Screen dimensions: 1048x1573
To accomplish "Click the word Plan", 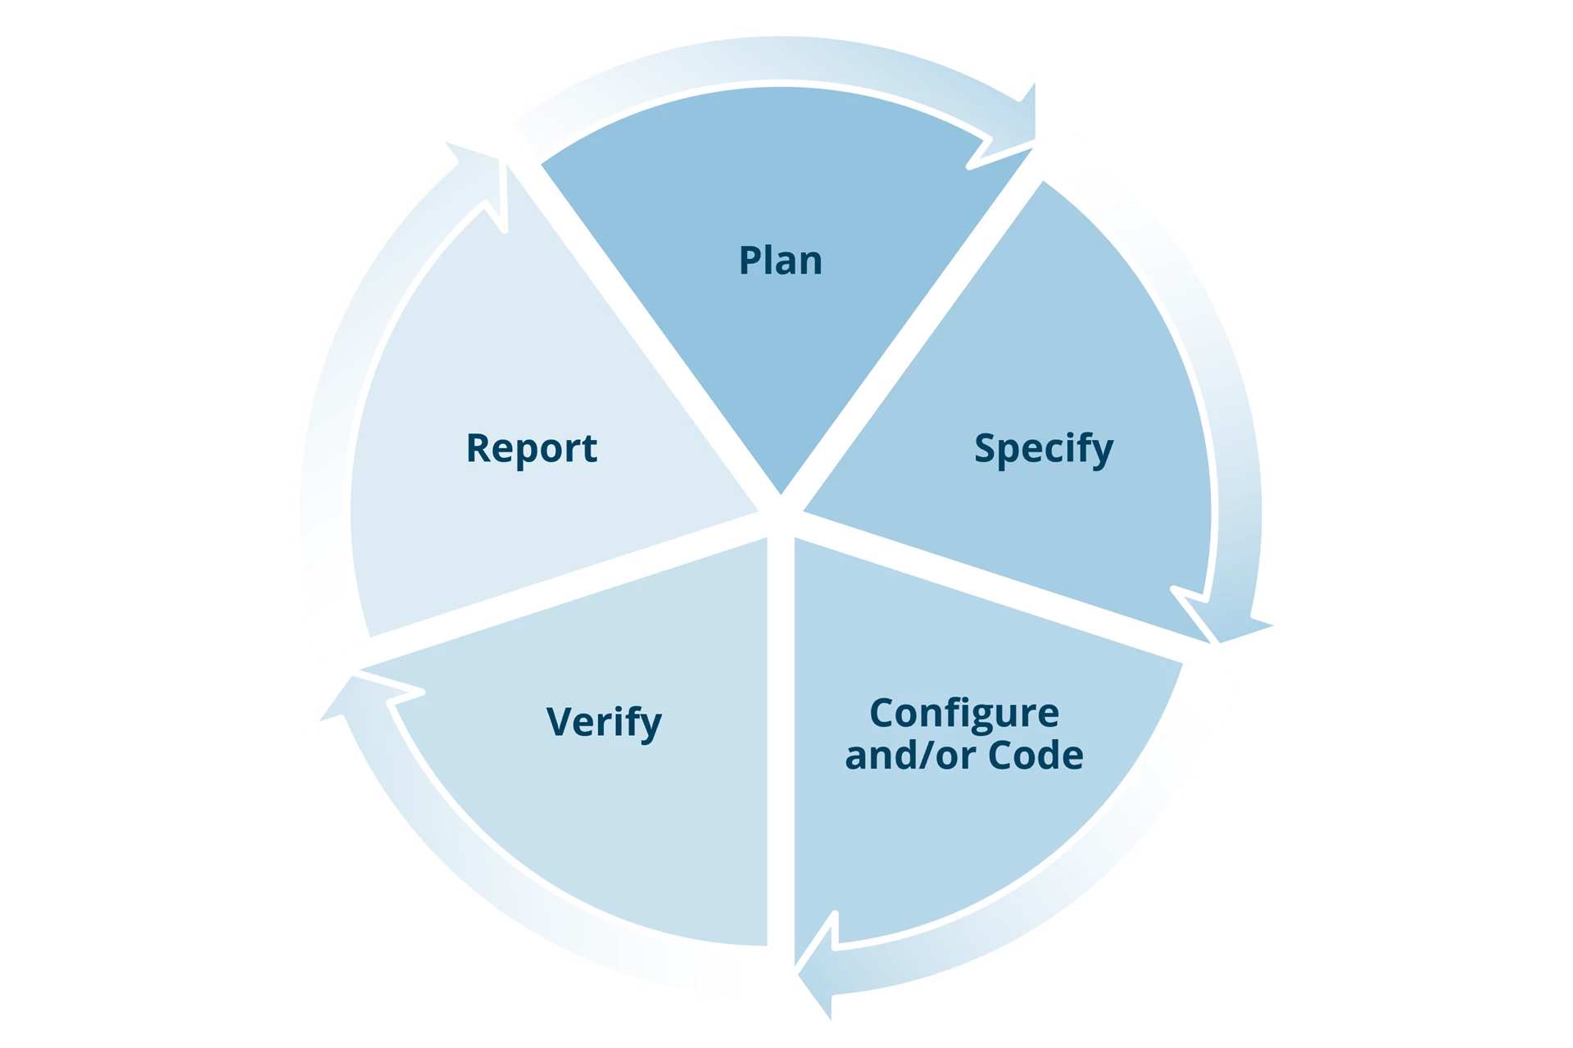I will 780,261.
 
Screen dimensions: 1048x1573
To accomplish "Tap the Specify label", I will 1043,448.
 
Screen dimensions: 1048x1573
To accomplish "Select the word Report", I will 531,448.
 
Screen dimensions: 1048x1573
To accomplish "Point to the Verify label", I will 604,722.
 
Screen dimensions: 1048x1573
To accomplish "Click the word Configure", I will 963,713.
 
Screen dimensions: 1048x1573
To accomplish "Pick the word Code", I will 1036,755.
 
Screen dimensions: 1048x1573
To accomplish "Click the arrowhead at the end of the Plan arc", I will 1016,123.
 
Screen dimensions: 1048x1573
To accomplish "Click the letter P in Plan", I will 749,261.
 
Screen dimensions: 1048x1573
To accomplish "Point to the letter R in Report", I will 477,448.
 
